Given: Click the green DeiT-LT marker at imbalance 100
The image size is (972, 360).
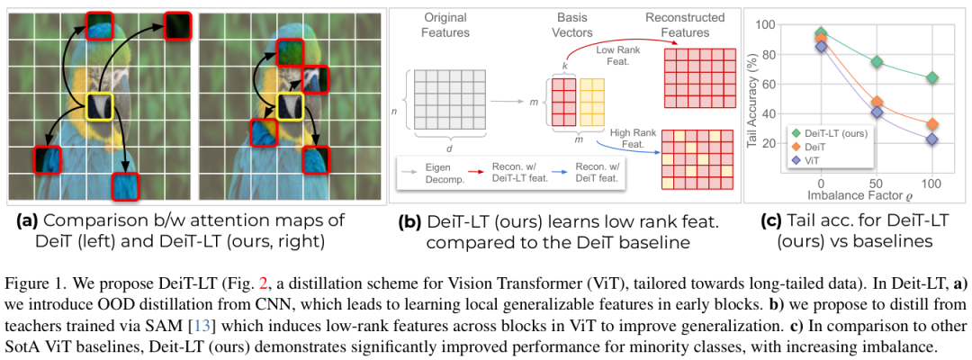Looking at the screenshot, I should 932,77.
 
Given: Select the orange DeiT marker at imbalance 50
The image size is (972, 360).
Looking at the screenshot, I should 877,103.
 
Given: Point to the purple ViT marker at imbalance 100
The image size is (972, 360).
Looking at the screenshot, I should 932,139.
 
